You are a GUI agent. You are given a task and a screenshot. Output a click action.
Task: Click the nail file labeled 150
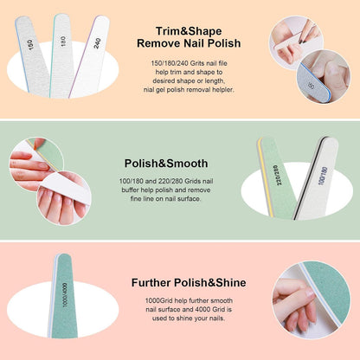(32, 55)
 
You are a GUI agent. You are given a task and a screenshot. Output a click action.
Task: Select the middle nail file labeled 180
(61, 55)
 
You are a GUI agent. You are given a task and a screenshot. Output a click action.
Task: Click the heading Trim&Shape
(189, 31)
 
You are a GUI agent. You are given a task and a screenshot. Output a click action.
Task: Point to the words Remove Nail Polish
(189, 43)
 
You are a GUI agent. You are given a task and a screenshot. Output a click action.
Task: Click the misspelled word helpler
(222, 90)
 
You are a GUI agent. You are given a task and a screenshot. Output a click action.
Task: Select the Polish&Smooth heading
(166, 164)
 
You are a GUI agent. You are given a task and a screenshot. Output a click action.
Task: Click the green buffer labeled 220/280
(276, 177)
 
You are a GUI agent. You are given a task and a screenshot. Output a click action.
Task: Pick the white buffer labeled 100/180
(316, 178)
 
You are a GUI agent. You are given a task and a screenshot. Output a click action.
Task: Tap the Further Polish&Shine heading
(189, 282)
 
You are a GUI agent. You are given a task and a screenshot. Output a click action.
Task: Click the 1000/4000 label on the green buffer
(65, 294)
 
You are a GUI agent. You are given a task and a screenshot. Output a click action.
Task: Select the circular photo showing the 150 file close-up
(324, 76)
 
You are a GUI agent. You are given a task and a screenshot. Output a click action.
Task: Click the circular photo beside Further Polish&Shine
(312, 300)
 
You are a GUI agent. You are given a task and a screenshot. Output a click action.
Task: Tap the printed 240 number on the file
(97, 43)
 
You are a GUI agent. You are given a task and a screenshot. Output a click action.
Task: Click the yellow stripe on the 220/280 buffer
(266, 177)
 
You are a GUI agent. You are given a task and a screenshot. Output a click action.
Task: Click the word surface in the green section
(190, 199)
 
